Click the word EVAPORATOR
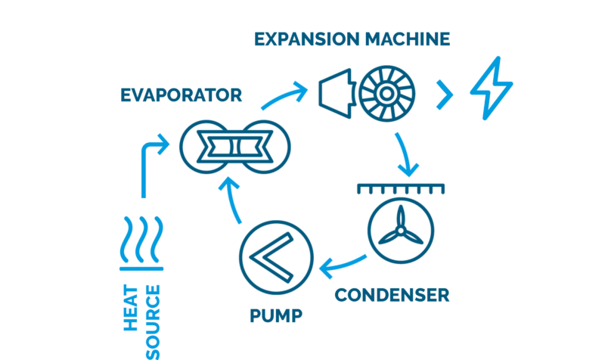tap(181, 95)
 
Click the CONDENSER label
tap(392, 293)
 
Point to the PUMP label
tap(276, 315)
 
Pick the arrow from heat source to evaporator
tap(147, 163)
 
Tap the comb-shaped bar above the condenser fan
tap(398, 188)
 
